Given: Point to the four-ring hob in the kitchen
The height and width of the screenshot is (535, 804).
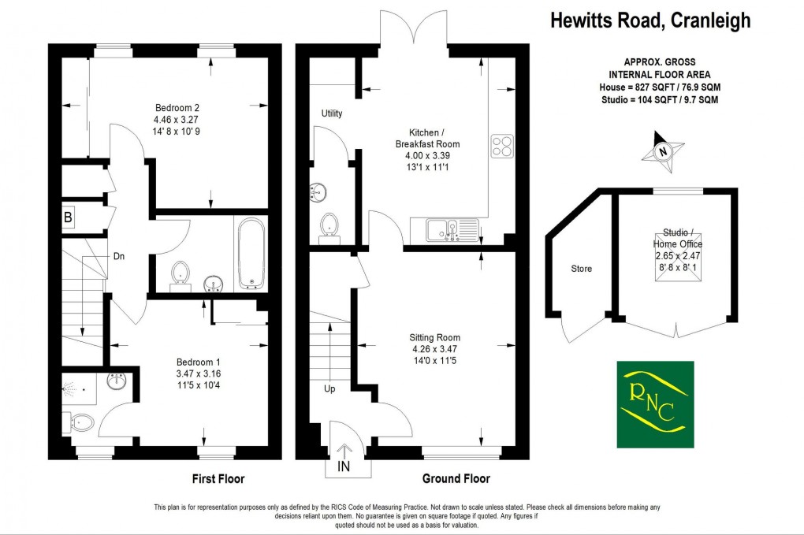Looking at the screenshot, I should pos(502,146).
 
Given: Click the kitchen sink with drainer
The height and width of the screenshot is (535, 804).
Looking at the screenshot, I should pos(453,230).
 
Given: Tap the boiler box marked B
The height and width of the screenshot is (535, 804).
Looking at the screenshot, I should pos(68,217).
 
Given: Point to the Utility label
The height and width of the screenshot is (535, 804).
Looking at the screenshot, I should pos(332,113).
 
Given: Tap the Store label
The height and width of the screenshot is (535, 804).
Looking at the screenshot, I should pos(581,269).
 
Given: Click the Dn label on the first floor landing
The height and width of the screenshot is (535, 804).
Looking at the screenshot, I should pos(118,256).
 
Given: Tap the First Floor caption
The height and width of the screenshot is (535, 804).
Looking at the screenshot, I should pos(218,479).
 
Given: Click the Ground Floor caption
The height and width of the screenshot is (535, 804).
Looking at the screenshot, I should pos(456,479).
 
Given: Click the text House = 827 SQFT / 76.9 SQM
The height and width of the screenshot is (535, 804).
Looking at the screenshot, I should pos(658,87).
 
